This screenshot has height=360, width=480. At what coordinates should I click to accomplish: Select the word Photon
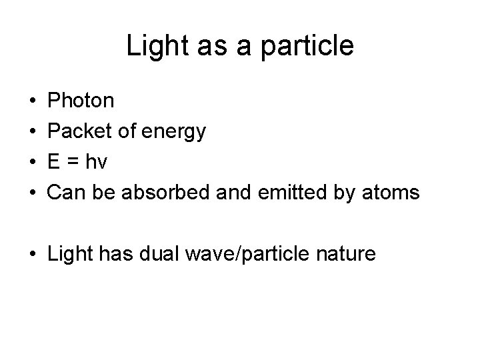(81, 101)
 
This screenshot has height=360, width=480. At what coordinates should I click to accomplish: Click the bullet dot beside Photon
(33, 102)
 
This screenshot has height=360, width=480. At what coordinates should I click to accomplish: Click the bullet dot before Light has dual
(33, 254)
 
